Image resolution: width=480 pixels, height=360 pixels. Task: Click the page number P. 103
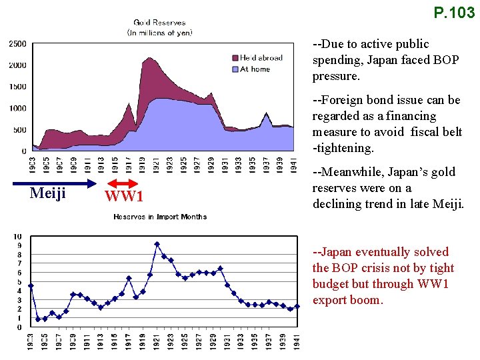(453, 12)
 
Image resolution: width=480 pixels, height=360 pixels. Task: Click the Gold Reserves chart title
(159, 23)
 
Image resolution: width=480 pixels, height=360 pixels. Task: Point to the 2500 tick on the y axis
(17, 44)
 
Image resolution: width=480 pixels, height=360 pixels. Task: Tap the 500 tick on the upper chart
(20, 130)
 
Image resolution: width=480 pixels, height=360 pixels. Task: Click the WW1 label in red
(125, 197)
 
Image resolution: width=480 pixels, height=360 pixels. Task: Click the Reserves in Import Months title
(160, 217)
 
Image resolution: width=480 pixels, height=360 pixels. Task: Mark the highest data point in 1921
(157, 244)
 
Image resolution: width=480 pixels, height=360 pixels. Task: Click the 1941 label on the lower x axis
(297, 342)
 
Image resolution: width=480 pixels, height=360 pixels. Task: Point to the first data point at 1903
(31, 286)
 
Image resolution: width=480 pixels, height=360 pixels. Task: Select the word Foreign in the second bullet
(342, 100)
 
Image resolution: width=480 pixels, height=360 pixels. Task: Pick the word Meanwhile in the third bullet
(350, 172)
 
